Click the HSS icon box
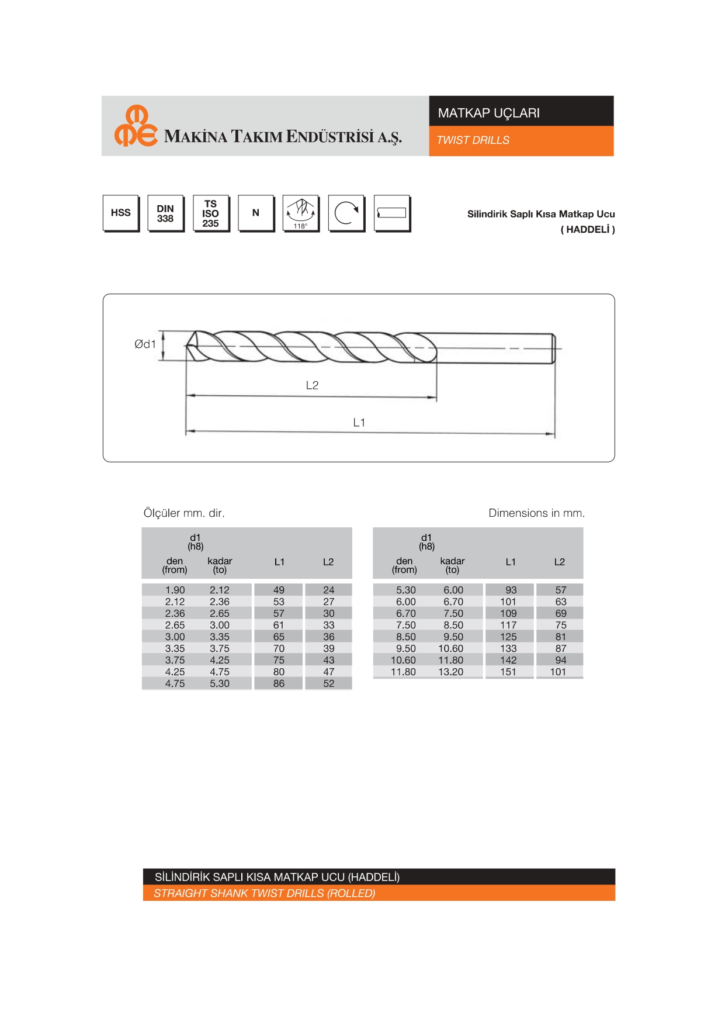coord(121,213)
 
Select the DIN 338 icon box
coord(165,213)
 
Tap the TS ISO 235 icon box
coord(210,213)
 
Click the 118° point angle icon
coord(301,213)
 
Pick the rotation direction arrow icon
coord(346,213)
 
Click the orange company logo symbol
coord(136,126)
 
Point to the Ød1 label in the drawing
coord(145,344)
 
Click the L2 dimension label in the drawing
coord(312,385)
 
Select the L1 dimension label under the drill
coord(359,423)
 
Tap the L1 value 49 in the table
coord(279,590)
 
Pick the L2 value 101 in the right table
coord(558,672)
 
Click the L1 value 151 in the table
coord(508,672)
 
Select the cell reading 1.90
coord(175,590)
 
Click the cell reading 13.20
coord(451,672)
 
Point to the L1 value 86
coord(279,684)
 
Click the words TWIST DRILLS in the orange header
coord(473,140)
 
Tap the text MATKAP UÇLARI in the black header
coord(489,113)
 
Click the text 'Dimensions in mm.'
coord(536,513)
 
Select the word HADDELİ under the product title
coord(588,230)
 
